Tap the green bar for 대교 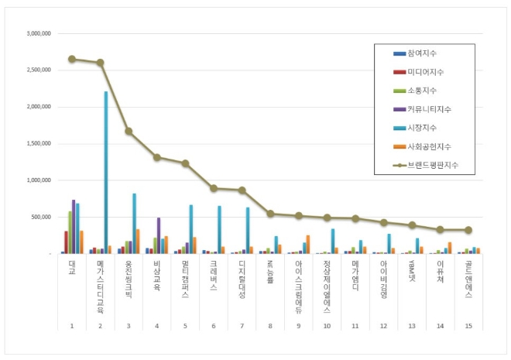coord(69,232)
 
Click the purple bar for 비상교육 coord(159,235)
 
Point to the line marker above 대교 coord(72,59)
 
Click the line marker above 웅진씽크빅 coord(129,131)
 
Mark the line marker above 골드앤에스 coord(468,229)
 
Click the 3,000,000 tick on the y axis coord(39,34)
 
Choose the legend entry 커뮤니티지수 coord(427,109)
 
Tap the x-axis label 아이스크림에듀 coord(298,283)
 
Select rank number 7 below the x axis coord(242,325)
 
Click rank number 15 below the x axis coord(468,325)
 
